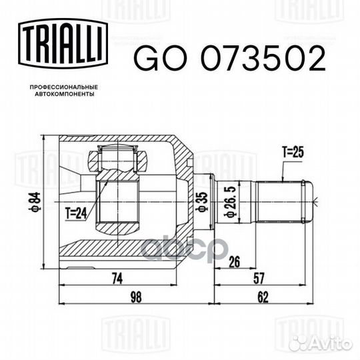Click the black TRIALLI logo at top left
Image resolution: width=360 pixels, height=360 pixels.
(x=63, y=43)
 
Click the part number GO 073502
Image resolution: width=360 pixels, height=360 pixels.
(x=229, y=59)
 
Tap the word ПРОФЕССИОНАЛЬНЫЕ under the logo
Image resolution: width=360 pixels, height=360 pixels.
(x=64, y=87)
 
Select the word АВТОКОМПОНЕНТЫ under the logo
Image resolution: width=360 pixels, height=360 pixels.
(x=65, y=94)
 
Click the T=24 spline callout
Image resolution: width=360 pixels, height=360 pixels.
(x=76, y=213)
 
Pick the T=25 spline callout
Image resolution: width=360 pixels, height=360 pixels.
(x=293, y=152)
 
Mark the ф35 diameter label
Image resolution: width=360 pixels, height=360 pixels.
(x=203, y=202)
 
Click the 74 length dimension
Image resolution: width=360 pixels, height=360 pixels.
(x=117, y=278)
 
